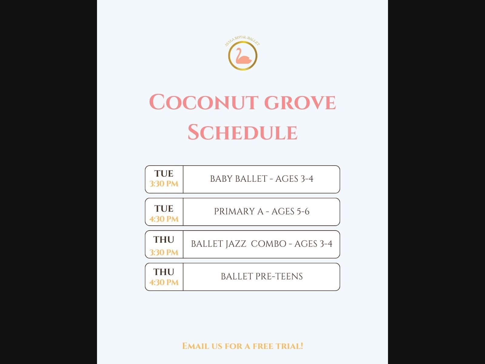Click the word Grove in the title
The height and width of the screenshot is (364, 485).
coord(300,102)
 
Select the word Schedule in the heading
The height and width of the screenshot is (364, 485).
coord(242,132)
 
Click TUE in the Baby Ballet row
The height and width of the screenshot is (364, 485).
coord(164,174)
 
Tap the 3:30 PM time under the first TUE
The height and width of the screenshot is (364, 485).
coord(164,184)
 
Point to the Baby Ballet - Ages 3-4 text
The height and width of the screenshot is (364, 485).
coord(262,179)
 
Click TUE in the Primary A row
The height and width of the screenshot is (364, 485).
coord(164,209)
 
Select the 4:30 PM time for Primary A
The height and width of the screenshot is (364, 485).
coord(164,219)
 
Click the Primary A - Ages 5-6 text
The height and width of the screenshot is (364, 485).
coord(262,211)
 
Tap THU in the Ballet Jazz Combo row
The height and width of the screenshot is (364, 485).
coord(164,240)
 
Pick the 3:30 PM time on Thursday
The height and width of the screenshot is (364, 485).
coord(164,252)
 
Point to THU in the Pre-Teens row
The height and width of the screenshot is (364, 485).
coord(164,272)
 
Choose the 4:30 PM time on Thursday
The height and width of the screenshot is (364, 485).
coord(164,282)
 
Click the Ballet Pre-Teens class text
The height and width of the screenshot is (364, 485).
coord(262,276)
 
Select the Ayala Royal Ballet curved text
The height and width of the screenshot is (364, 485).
coord(242,40)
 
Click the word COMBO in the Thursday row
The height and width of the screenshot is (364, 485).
coord(269,244)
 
